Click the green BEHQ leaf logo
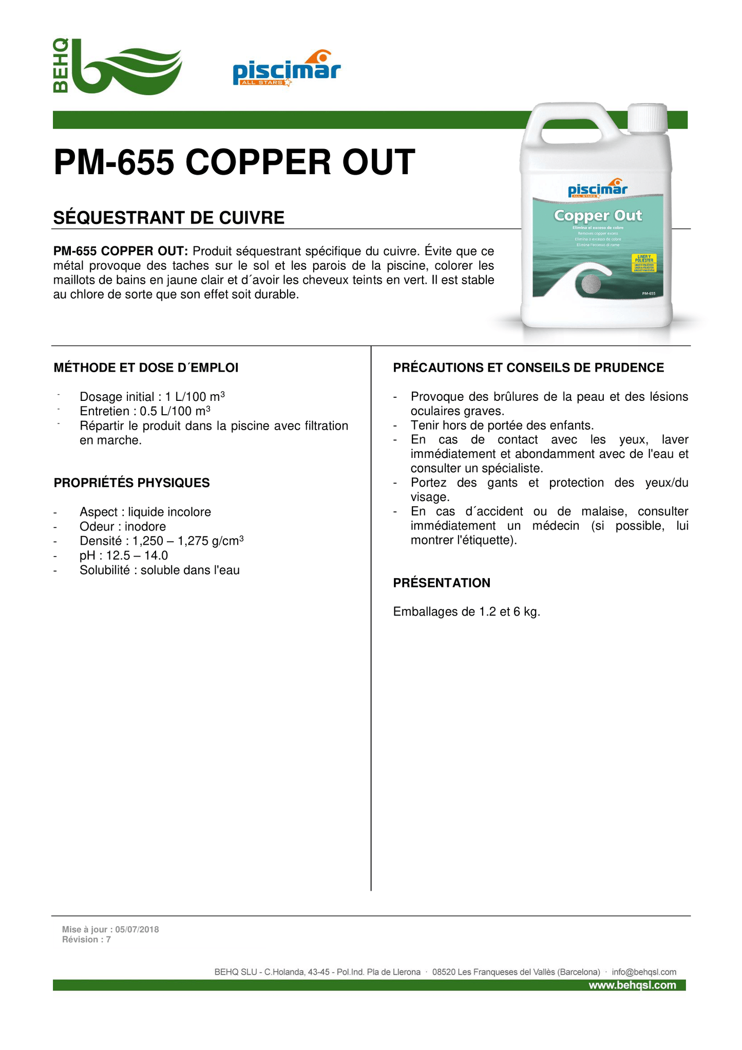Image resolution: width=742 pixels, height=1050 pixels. click(x=118, y=67)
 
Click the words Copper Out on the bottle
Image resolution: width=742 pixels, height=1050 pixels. click(x=598, y=215)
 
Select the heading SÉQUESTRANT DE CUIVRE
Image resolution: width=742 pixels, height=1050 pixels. click(x=169, y=218)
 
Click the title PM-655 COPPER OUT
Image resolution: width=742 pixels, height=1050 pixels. click(x=234, y=162)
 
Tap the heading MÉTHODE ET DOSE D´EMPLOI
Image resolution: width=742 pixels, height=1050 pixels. click(x=146, y=367)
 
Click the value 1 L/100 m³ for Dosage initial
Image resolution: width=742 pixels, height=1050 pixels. click(x=195, y=397)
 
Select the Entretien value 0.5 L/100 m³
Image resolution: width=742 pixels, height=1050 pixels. click(x=176, y=411)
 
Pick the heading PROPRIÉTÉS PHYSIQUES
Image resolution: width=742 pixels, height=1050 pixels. click(x=132, y=483)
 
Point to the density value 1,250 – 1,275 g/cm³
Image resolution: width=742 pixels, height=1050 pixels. click(x=188, y=541)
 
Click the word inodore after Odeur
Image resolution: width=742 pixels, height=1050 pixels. click(x=145, y=527)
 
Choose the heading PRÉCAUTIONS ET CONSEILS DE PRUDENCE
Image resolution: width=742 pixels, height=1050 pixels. click(x=528, y=367)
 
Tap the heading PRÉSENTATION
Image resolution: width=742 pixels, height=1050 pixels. click(x=442, y=583)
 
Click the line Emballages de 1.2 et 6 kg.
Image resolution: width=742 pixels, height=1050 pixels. click(x=466, y=612)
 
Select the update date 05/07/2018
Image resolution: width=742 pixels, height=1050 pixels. click(x=137, y=929)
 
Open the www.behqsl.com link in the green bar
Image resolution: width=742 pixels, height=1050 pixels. click(x=632, y=985)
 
